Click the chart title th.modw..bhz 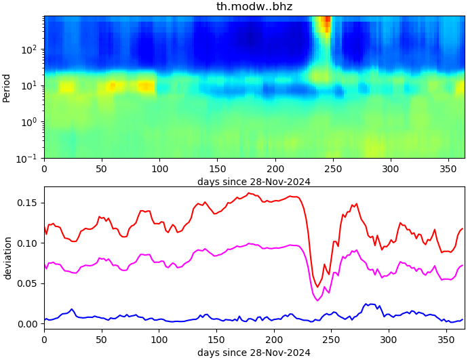(x=254, y=7)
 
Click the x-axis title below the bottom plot (x=254, y=353)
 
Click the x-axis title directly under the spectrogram (x=254, y=182)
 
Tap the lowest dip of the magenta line (x=318, y=300)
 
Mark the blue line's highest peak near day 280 (x=366, y=304)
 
